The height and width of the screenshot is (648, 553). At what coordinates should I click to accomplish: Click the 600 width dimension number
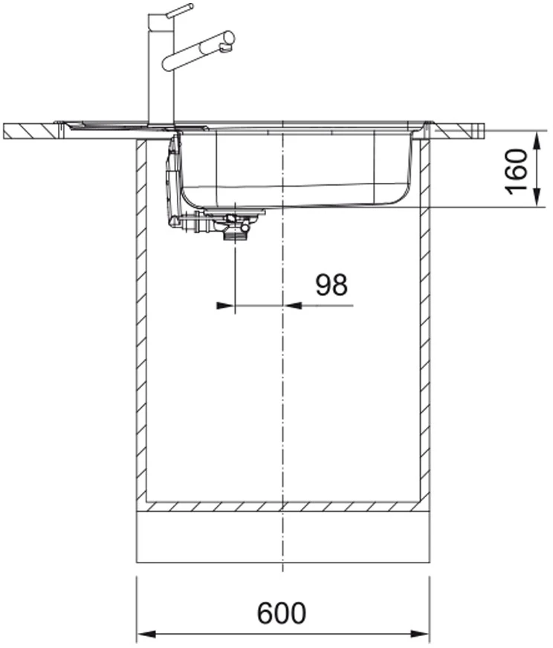[282, 613]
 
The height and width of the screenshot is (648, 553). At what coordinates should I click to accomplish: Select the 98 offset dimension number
[332, 285]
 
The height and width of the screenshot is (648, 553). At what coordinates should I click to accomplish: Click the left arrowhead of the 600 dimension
[146, 634]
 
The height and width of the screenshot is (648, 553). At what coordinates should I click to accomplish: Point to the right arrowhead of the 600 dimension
[420, 634]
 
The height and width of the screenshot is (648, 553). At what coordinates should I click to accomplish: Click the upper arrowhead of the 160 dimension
[537, 141]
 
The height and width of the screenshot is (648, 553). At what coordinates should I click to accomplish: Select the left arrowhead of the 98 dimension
[226, 306]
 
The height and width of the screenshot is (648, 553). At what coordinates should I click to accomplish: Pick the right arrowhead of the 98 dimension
[292, 306]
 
